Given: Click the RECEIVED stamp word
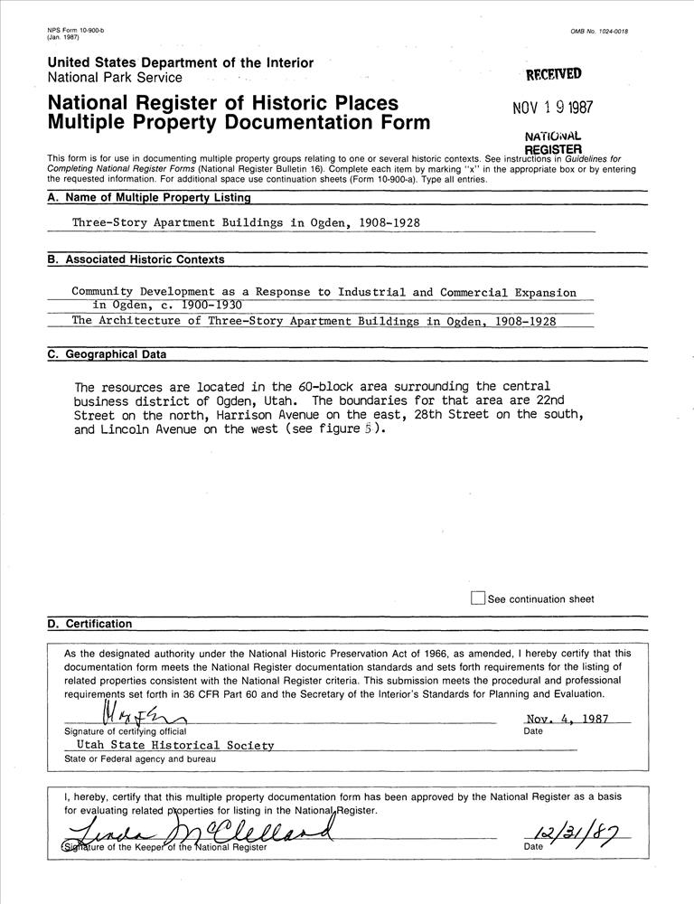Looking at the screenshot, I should [x=553, y=74].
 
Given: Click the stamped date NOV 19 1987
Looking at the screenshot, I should [x=552, y=108].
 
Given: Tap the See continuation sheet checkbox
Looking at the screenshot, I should [x=478, y=598].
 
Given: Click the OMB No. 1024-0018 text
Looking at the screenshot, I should [x=599, y=32].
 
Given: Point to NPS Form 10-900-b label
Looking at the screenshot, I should [x=75, y=31].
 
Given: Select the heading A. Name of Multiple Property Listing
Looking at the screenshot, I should [x=149, y=197].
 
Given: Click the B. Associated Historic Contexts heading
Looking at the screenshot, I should [x=136, y=259].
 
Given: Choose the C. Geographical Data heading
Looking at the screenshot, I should [x=107, y=354].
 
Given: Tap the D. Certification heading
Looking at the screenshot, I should [x=89, y=624].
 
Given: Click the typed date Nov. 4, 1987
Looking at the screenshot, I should [x=567, y=720].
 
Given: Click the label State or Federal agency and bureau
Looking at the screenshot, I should [x=140, y=758].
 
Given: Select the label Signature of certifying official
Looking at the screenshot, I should [x=125, y=730].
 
